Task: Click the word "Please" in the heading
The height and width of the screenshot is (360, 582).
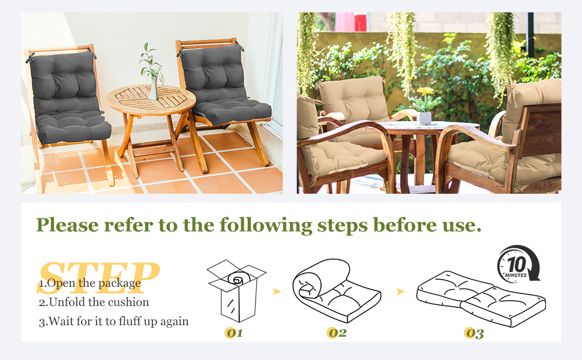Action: coord(68,225)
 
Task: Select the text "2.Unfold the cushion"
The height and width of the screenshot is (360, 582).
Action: coord(94,302)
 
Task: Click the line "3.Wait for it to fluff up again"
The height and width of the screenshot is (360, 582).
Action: coord(113,321)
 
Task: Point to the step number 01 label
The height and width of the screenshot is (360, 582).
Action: coord(234,333)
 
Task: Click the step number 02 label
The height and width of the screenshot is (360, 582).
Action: coord(337,333)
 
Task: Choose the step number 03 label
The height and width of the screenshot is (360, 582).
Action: coord(475,333)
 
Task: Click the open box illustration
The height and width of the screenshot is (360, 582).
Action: coord(236,290)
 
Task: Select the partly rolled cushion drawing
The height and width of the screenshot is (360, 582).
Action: coord(336,290)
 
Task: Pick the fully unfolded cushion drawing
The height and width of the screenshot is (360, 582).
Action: coord(481,299)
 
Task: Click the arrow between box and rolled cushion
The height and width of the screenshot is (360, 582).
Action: coord(277,292)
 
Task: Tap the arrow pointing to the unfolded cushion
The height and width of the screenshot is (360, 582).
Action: coord(400,292)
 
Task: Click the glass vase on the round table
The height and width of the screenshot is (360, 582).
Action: coord(154,88)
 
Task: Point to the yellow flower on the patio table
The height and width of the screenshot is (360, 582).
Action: coord(425,91)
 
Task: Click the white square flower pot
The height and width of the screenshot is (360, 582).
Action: coord(424,118)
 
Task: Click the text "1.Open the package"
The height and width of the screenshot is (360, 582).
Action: coord(90,283)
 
